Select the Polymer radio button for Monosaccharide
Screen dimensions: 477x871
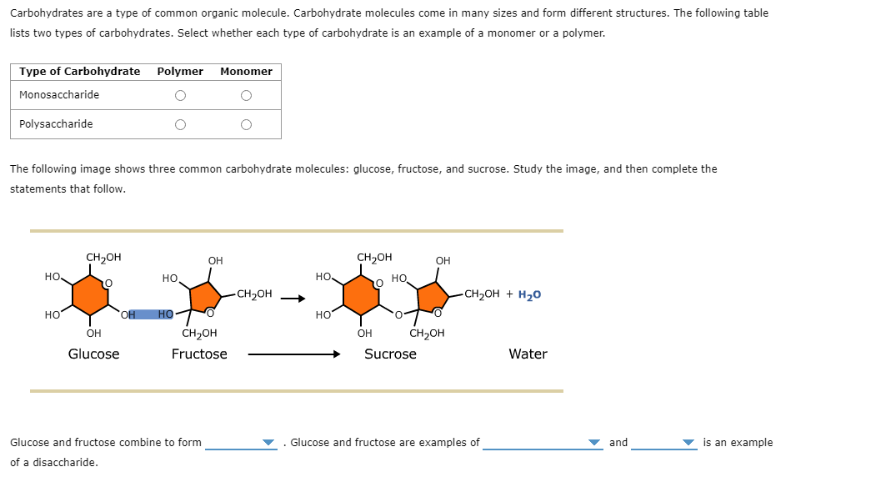pyautogui.click(x=180, y=96)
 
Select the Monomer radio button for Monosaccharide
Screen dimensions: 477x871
pyautogui.click(x=246, y=96)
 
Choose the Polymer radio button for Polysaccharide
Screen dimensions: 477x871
pyautogui.click(x=180, y=125)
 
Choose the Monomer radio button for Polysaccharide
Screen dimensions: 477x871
pyautogui.click(x=246, y=125)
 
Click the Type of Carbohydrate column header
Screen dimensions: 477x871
pyautogui.click(x=80, y=72)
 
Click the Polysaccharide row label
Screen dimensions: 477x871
pyautogui.click(x=56, y=124)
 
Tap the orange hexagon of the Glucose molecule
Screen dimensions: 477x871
pyautogui.click(x=90, y=295)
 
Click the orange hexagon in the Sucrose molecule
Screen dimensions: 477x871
pyautogui.click(x=361, y=295)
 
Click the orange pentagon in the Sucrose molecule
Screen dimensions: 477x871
pyautogui.click(x=433, y=296)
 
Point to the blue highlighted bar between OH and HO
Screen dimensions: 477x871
pyautogui.click(x=147, y=314)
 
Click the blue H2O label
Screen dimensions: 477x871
pyautogui.click(x=529, y=294)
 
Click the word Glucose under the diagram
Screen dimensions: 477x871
pyautogui.click(x=93, y=354)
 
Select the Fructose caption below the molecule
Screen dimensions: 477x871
pyautogui.click(x=199, y=354)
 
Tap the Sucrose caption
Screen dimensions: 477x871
pyautogui.click(x=390, y=354)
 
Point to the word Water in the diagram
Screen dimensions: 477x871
pyautogui.click(x=528, y=354)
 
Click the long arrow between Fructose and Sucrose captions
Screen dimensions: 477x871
pyautogui.click(x=293, y=354)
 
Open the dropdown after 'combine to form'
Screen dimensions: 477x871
pyautogui.click(x=241, y=443)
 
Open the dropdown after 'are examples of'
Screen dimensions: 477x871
pyautogui.click(x=542, y=443)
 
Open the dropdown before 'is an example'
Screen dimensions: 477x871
pyautogui.click(x=663, y=443)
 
